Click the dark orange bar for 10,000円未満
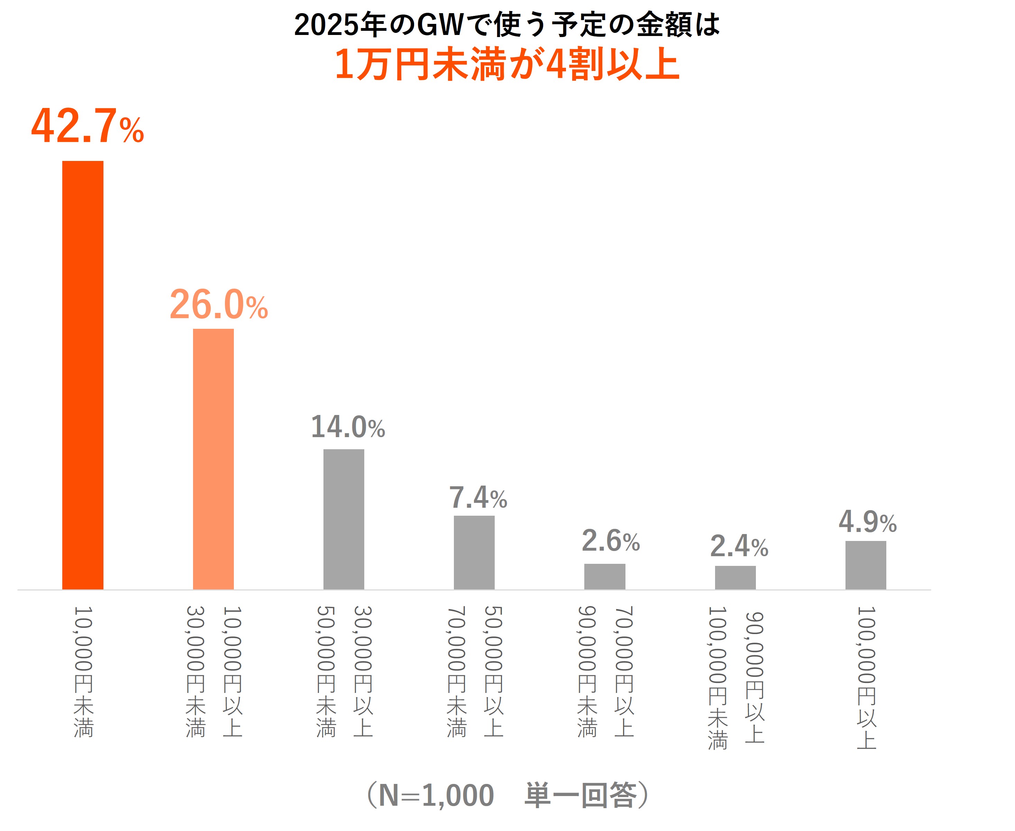[83, 375]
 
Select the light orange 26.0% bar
[213, 459]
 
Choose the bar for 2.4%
[735, 577]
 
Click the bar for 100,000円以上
[866, 565]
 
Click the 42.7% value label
[88, 126]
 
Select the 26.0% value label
[219, 305]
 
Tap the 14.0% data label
[348, 427]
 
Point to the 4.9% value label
[868, 522]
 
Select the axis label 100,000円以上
[866, 677]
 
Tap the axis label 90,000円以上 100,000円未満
[736, 677]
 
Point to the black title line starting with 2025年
[507, 25]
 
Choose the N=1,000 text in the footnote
[436, 796]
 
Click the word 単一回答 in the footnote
[580, 796]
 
